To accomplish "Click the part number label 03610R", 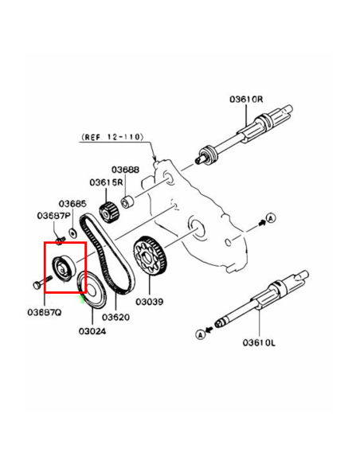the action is [x=246, y=99].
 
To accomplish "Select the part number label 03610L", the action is [x=259, y=343].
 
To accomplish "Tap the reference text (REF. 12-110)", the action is [x=112, y=137].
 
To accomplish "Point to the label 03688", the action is [x=125, y=170].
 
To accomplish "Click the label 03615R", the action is [x=106, y=182].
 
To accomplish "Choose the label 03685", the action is [x=72, y=204].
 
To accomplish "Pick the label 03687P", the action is [x=54, y=216].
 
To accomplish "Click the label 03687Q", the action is [x=45, y=312].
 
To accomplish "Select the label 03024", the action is [x=92, y=331].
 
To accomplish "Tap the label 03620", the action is [x=115, y=318].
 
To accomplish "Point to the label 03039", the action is [x=150, y=302].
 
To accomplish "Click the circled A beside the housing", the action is [x=271, y=218].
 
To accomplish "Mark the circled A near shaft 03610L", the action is [x=201, y=334].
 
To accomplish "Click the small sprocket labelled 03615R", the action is [x=109, y=211].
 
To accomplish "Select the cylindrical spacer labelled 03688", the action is [x=127, y=201].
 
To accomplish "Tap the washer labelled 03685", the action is [x=72, y=233].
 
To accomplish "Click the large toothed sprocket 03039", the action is [x=151, y=256].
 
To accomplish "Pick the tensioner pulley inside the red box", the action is [x=65, y=267].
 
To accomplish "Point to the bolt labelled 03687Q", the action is [x=41, y=282].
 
